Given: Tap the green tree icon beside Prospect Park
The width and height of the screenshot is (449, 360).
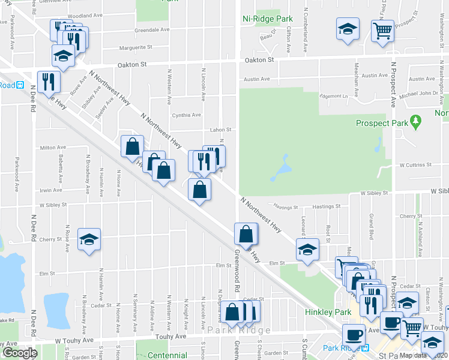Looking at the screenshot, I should (415, 122).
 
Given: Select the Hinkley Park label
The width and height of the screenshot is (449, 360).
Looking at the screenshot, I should (327, 313).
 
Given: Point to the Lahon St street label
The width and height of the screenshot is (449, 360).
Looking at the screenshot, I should (220, 130).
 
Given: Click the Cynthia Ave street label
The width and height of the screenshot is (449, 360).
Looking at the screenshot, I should (186, 115).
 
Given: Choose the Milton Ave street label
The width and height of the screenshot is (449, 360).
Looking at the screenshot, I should (53, 147).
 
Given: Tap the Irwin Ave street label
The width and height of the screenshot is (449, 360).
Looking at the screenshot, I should (52, 190).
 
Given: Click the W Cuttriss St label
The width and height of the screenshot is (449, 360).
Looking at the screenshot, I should (414, 164).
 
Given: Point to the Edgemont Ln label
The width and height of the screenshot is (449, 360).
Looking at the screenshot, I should (334, 96).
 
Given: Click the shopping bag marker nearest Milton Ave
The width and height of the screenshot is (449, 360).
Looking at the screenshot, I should (132, 146).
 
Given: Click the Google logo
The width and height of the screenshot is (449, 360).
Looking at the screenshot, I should (20, 353).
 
